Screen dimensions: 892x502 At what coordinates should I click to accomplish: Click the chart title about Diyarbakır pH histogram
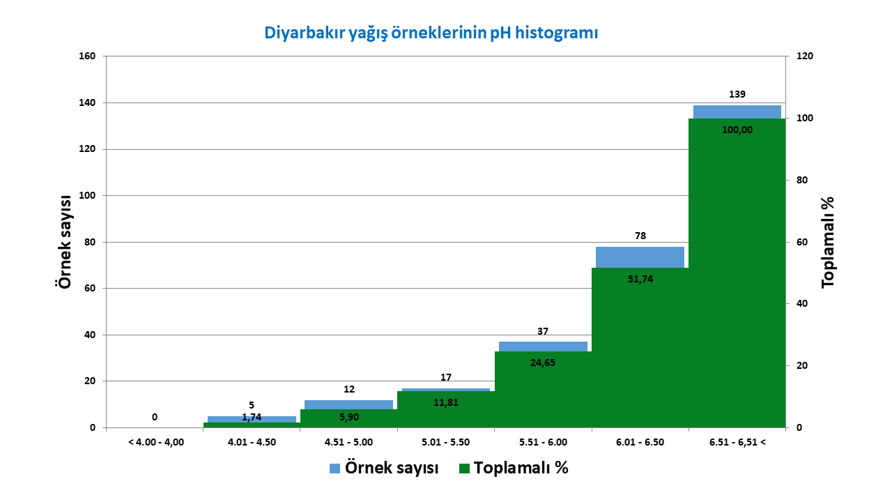[x=431, y=33]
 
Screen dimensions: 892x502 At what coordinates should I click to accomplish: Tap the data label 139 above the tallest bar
[x=737, y=94]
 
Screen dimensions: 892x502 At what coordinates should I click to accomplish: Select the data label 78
[x=640, y=236]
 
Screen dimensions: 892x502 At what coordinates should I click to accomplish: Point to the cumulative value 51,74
[x=640, y=279]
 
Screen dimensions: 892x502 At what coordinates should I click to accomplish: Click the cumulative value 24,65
[x=543, y=363]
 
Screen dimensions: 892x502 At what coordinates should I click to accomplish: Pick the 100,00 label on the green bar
[x=737, y=130]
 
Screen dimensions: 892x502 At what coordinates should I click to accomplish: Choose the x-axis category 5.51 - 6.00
[x=543, y=442]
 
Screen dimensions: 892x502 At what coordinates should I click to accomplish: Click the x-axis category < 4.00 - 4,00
[x=156, y=442]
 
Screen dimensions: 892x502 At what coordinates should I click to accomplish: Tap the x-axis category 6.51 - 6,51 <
[x=737, y=442]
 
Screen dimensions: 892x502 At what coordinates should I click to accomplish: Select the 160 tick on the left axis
[x=87, y=56]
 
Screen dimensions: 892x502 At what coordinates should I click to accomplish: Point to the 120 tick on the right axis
[x=805, y=56]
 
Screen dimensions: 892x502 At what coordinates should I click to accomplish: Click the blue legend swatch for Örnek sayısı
[x=335, y=469]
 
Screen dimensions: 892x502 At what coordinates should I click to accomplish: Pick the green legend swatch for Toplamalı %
[x=464, y=469]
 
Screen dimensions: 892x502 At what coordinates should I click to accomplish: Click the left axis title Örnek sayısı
[x=63, y=242]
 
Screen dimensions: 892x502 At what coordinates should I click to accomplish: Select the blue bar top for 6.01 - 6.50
[x=640, y=257]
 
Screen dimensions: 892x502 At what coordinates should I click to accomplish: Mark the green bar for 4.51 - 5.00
[x=349, y=419]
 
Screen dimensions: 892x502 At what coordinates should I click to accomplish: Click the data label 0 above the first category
[x=155, y=417]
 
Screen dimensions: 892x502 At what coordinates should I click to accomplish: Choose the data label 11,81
[x=446, y=403]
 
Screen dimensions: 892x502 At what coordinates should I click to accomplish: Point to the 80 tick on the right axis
[x=802, y=180]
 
